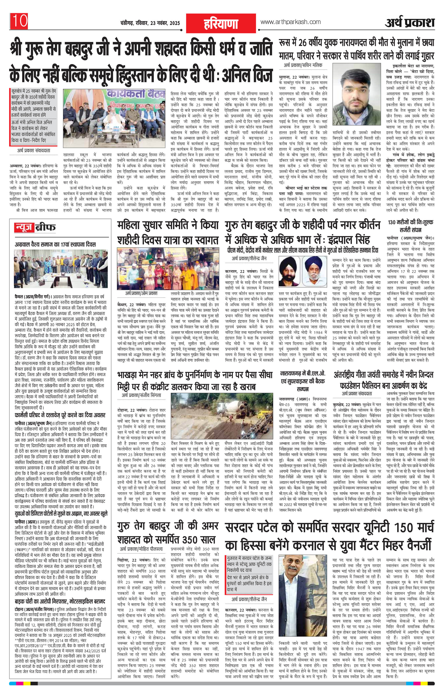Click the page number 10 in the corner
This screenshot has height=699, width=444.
[20, 21]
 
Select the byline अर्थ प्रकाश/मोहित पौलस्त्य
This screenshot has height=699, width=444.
[141, 541]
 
